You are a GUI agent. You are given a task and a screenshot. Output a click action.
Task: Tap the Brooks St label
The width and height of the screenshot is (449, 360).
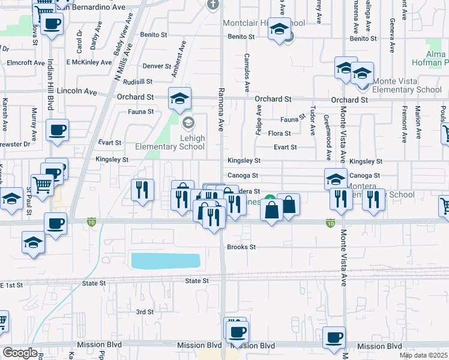241,247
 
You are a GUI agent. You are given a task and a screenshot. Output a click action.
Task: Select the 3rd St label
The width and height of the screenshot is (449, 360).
145,312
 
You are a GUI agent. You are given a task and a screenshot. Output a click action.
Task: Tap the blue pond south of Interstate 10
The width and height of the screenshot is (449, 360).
165,261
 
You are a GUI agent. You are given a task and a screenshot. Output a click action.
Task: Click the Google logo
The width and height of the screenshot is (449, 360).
20,353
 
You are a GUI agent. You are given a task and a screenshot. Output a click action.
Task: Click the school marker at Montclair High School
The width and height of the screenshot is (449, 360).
279,29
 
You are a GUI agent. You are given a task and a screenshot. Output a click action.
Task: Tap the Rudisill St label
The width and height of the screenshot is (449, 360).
139,82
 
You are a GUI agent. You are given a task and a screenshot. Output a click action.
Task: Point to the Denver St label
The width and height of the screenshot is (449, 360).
157,67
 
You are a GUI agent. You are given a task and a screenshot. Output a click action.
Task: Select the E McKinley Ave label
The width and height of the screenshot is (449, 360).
89,62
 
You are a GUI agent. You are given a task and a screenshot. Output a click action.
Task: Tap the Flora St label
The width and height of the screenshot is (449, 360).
279,134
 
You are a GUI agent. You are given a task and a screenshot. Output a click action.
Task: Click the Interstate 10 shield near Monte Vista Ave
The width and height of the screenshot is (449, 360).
330,222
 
